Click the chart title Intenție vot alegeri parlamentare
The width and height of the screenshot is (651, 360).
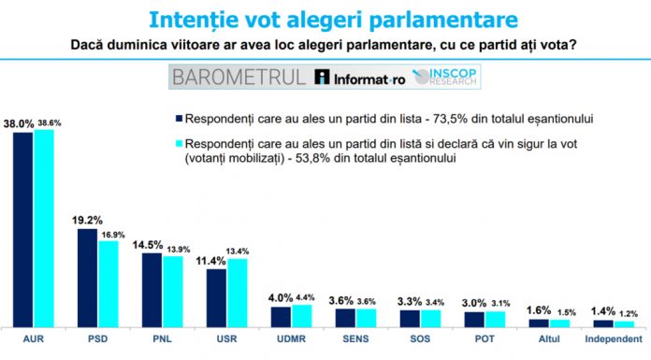[325, 18]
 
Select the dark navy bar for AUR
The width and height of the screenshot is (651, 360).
[23, 229]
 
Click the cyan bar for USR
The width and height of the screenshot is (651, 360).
[238, 291]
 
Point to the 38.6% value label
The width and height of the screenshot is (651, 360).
[48, 122]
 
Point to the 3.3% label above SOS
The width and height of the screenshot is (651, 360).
[410, 301]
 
